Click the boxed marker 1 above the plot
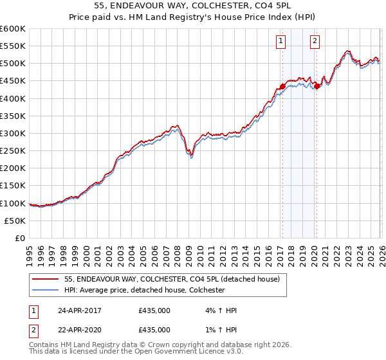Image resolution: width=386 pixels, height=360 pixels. (282, 42)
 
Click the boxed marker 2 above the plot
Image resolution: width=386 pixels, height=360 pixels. (315, 42)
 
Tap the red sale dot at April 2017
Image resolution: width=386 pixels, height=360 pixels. (282, 86)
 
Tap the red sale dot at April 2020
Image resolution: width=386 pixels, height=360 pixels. (317, 86)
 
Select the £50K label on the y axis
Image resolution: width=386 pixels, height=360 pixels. (15, 221)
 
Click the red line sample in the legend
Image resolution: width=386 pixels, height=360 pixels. (45, 280)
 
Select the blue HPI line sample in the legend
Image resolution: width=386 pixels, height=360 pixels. (45, 290)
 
